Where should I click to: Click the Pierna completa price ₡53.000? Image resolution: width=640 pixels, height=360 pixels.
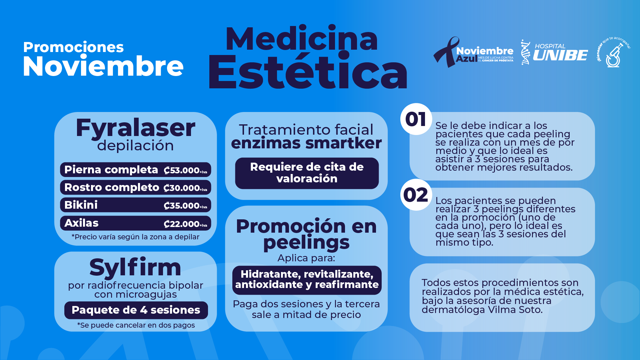click(185, 170)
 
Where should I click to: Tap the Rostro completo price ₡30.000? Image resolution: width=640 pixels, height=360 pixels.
click(185, 188)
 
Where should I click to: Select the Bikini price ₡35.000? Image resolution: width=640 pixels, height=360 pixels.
click(185, 206)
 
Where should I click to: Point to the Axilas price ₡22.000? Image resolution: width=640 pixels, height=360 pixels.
click(185, 224)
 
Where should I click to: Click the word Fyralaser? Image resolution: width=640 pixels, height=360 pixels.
click(135, 128)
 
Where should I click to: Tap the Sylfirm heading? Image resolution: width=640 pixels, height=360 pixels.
click(135, 267)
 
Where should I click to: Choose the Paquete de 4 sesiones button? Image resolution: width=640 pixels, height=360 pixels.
click(136, 310)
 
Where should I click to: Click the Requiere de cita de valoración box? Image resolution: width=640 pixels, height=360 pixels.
click(307, 173)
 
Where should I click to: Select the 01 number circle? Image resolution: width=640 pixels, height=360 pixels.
click(416, 119)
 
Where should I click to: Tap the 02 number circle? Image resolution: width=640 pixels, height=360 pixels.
click(416, 195)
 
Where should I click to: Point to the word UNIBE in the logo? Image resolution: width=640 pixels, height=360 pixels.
click(560, 55)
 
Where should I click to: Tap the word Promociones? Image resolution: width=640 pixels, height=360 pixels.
click(73, 47)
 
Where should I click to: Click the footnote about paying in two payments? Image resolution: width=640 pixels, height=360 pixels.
click(136, 325)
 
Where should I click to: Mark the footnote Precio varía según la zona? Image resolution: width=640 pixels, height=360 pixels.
click(135, 237)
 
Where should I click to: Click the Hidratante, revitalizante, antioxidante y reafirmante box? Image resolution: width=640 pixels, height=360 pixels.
click(307, 280)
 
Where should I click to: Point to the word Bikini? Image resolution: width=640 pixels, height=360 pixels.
click(81, 205)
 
